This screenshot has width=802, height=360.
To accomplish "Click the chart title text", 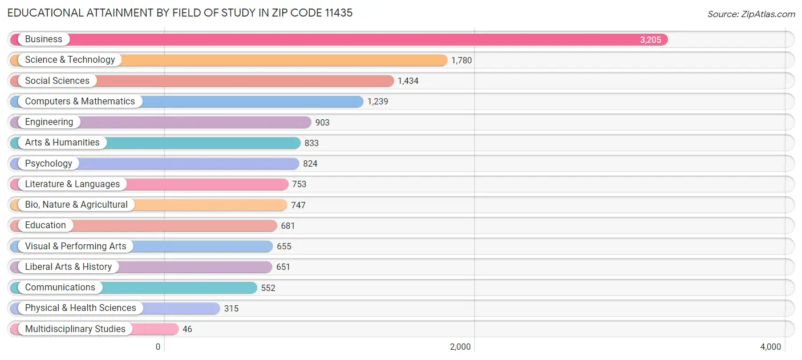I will click(180, 13).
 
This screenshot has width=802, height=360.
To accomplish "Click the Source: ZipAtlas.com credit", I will click(751, 14).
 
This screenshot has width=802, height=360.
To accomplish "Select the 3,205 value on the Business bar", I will click(650, 40).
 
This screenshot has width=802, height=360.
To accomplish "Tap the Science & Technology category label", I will click(70, 60).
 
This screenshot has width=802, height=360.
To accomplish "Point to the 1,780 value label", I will click(461, 60).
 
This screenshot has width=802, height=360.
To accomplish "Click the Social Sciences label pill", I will click(57, 81).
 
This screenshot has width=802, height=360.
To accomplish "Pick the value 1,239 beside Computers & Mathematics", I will click(378, 102).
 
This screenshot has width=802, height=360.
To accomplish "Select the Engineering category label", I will click(49, 122).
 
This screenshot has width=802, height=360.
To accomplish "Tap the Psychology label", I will click(48, 164).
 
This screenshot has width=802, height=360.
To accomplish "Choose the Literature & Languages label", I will click(72, 184).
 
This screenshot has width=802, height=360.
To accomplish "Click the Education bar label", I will click(46, 225).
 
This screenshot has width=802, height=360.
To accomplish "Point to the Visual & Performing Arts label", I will click(75, 246).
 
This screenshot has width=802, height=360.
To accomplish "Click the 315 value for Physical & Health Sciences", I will click(231, 309).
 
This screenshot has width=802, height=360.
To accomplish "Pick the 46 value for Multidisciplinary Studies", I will click(187, 329).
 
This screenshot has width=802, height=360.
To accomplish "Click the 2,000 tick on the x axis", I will click(460, 347).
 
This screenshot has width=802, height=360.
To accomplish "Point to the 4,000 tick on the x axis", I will click(770, 347).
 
